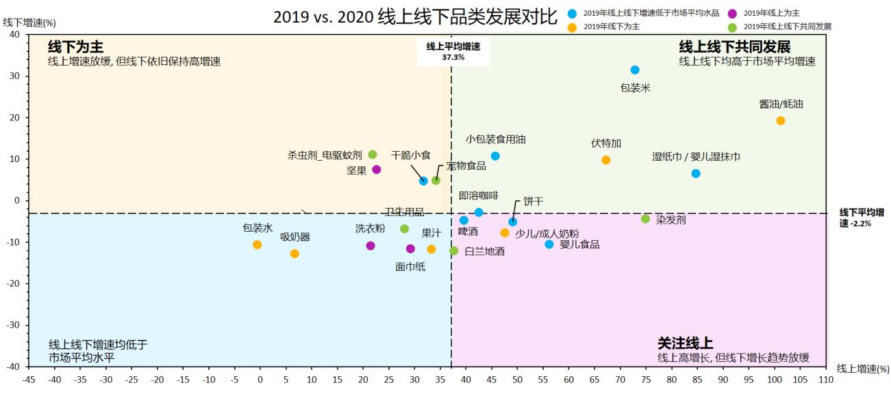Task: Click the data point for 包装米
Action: (x=635, y=70)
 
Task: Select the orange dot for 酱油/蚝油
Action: (x=780, y=120)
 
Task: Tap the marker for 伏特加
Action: (x=606, y=160)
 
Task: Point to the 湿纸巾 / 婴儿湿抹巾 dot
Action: (x=696, y=174)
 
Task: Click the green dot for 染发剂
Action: (x=645, y=219)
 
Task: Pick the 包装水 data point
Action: (x=258, y=245)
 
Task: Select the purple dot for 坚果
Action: (x=377, y=170)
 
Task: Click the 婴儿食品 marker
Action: (x=549, y=244)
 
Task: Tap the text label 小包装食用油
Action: (x=496, y=140)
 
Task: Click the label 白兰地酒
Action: (x=485, y=252)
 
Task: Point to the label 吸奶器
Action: (x=295, y=237)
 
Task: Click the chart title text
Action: (x=416, y=16)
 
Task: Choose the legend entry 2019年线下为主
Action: (x=612, y=27)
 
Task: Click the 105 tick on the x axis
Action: (x=800, y=378)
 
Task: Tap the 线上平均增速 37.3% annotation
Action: (x=453, y=52)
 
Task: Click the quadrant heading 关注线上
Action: (x=685, y=343)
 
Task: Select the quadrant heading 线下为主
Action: (x=75, y=47)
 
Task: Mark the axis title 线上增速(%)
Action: (x=863, y=369)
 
